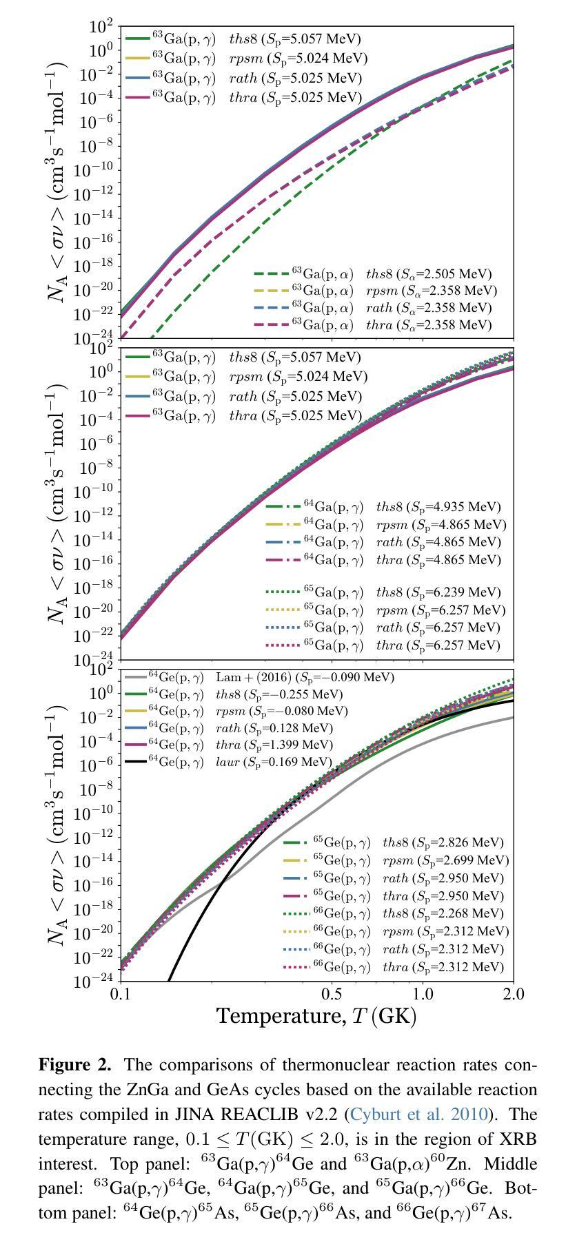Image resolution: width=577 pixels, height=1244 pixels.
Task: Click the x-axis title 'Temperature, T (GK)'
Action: pyautogui.click(x=316, y=1016)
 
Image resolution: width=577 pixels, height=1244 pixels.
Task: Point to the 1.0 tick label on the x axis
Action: pyautogui.click(x=423, y=995)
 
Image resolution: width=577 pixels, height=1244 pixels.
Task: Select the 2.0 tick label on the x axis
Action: pyautogui.click(x=514, y=995)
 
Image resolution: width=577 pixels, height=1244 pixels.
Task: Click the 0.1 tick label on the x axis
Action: pyautogui.click(x=121, y=995)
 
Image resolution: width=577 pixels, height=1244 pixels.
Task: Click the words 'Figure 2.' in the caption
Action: pyautogui.click(x=75, y=1065)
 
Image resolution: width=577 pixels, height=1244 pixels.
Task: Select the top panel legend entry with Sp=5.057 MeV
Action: pyautogui.click(x=245, y=39)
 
